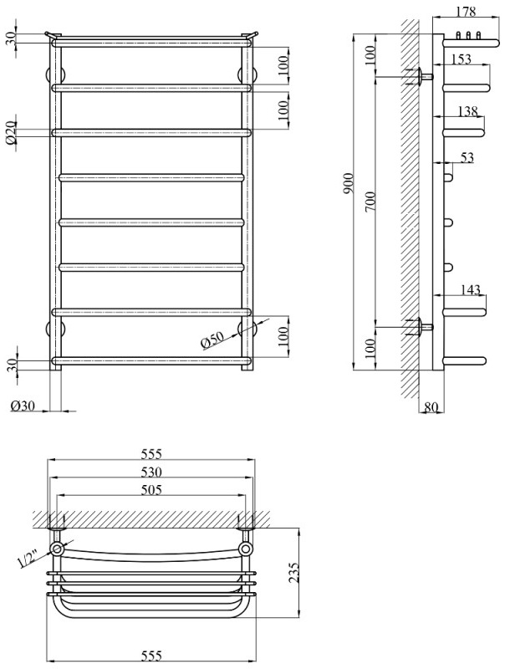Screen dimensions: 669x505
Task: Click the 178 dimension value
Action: [467, 12]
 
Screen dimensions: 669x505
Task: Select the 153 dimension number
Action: [461, 59]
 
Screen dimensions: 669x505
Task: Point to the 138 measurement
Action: [468, 110]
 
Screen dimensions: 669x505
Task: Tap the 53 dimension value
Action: [467, 156]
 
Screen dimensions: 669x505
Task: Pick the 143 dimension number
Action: [471, 289]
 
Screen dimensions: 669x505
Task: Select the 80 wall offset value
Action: [431, 407]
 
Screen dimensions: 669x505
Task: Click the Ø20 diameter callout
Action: [11, 133]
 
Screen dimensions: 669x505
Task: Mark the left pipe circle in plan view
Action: [57, 549]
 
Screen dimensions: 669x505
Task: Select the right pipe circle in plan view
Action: [246, 549]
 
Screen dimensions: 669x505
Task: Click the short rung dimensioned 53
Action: [449, 176]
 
